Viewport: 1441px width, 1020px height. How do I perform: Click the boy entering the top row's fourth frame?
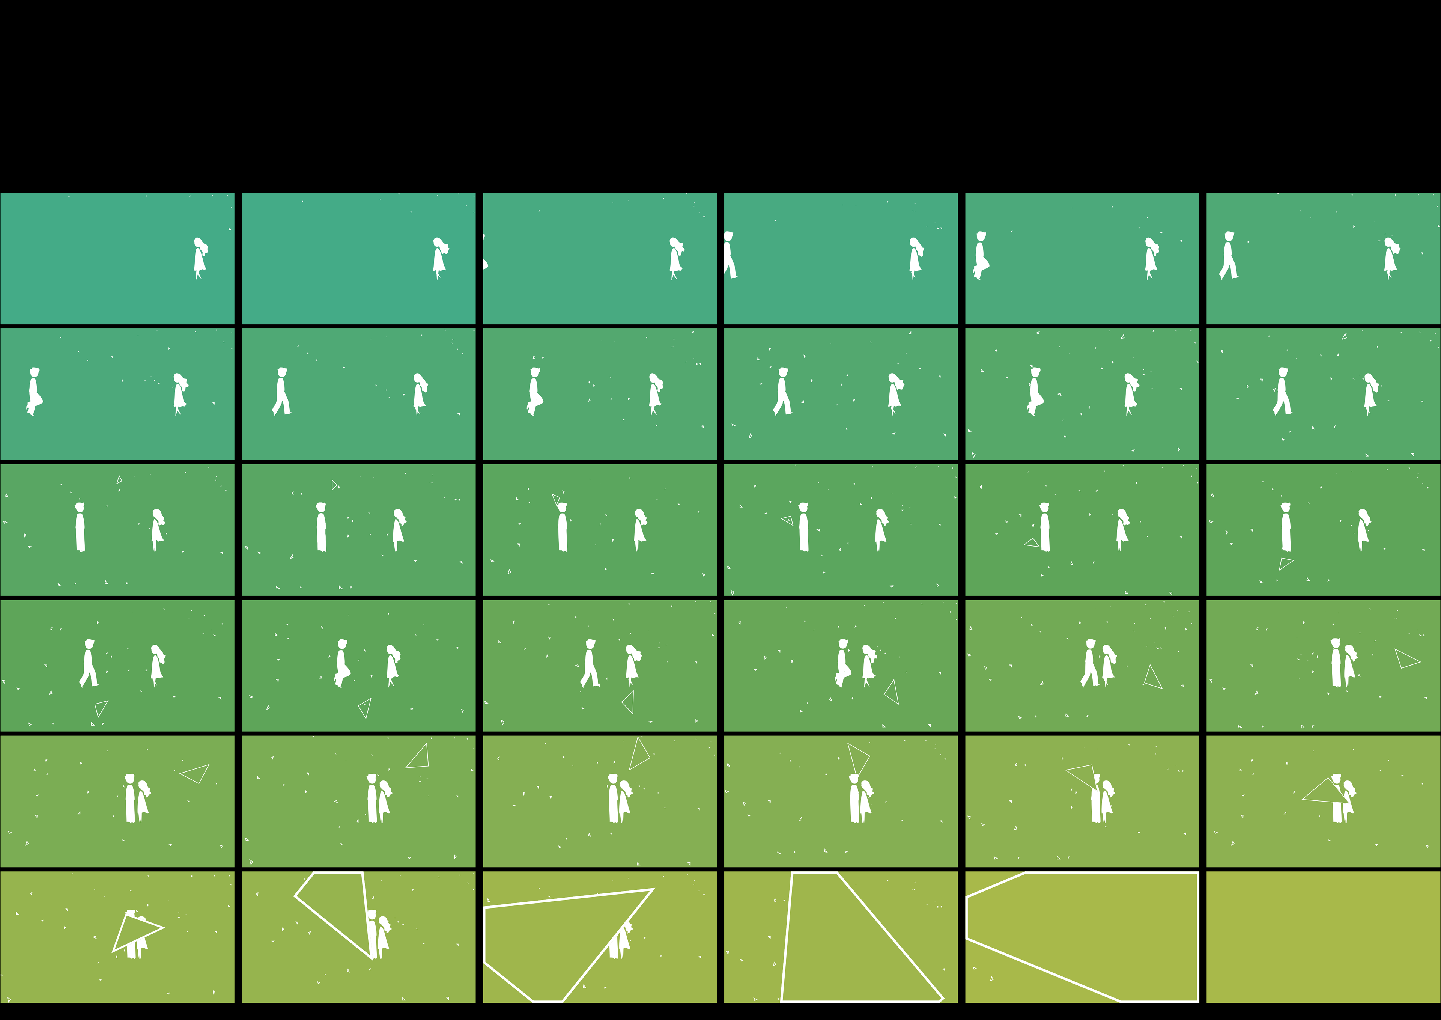coord(730,255)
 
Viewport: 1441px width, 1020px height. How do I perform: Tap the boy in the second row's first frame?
coord(34,391)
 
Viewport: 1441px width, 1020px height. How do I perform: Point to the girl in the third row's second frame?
coord(398,529)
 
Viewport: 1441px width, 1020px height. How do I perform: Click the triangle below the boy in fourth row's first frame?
coord(101,708)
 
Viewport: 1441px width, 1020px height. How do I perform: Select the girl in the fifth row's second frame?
coord(384,801)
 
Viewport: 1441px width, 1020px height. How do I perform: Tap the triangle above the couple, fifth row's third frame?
coord(639,754)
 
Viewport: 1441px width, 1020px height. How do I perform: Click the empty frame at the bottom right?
coord(1323,936)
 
